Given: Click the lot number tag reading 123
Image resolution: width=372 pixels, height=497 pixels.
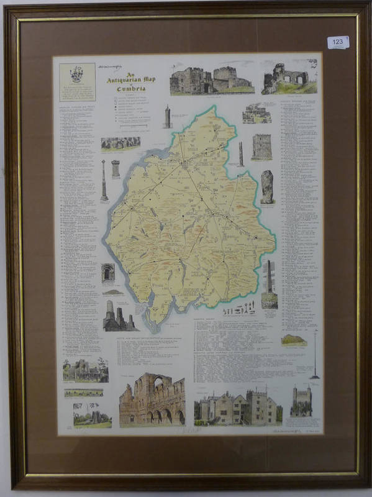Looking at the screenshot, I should coord(338,42).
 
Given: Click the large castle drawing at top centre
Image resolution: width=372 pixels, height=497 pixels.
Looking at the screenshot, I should coord(211,80).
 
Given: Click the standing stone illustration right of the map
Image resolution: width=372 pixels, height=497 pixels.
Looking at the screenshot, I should coord(267,186).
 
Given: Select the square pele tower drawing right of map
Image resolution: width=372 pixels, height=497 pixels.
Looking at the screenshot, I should coord(261,147).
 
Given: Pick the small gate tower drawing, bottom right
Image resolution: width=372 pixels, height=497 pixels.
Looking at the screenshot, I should coord(301,401).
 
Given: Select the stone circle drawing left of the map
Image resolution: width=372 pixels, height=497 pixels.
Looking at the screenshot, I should coord(120,144).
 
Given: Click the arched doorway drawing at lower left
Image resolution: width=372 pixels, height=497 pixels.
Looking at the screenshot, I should coord(108,273).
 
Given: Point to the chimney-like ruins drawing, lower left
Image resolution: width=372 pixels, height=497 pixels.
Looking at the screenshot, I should coord(118,316).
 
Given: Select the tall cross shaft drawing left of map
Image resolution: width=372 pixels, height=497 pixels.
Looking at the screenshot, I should coord(104,180).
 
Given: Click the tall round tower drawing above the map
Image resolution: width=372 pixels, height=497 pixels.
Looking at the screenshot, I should coord(168,116).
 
